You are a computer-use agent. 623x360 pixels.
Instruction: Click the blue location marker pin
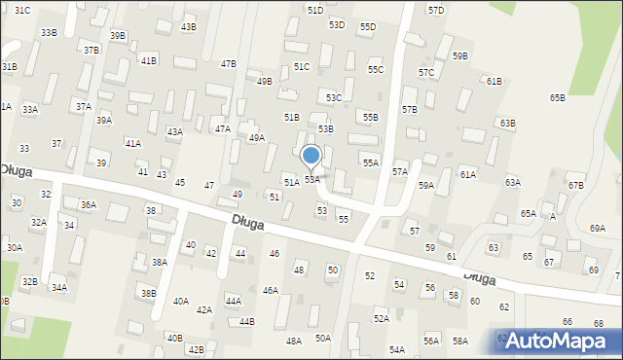(x=311, y=156)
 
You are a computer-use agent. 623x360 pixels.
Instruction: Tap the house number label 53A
(x=311, y=180)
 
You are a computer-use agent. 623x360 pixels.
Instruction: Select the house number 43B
(x=188, y=27)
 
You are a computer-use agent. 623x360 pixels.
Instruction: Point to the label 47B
(x=228, y=64)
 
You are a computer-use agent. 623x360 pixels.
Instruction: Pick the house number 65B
(x=557, y=98)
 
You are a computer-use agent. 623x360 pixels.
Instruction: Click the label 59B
(x=459, y=56)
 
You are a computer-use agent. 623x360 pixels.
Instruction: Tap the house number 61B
(x=494, y=81)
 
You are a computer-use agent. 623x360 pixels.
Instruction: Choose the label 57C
(x=426, y=73)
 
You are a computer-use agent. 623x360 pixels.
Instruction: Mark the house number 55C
(x=375, y=70)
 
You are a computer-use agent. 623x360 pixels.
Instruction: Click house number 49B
(x=264, y=82)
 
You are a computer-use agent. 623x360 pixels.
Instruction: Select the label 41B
(x=148, y=60)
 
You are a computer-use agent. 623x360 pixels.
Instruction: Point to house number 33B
(x=48, y=33)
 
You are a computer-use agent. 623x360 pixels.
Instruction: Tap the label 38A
(x=160, y=263)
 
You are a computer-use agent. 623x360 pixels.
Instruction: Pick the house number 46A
(x=270, y=291)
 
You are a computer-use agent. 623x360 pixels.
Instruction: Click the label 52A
(x=381, y=318)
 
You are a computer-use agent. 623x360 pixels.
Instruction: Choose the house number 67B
(x=575, y=186)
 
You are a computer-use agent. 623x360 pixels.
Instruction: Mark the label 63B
(x=507, y=124)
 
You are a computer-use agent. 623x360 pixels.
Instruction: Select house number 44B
(x=246, y=322)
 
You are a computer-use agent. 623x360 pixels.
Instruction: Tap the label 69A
(x=597, y=228)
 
